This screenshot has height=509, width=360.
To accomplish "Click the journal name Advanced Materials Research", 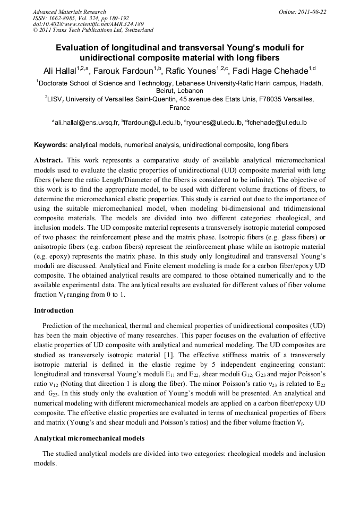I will pos(69,12).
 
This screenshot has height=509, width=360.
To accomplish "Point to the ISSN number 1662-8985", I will pos(59,18).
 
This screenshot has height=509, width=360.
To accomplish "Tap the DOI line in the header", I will pos(88,24).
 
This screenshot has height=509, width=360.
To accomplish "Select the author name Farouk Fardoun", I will pos(123,71).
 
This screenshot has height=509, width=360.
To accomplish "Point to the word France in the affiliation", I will pos(179,107).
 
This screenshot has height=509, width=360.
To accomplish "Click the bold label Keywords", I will pos(50,145).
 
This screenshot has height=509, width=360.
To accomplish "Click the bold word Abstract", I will pos(48,160).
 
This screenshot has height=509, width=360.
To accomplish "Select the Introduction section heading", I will pos(54,310).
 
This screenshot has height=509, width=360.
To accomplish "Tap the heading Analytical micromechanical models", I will pos(89,438).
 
